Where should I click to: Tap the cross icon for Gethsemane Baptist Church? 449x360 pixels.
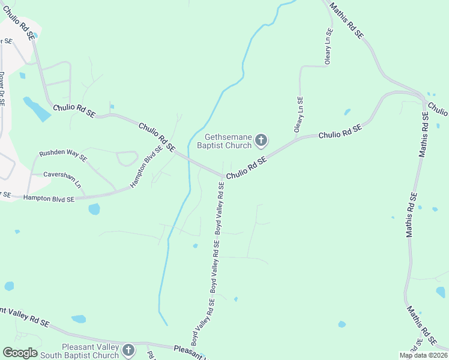coord(261,140)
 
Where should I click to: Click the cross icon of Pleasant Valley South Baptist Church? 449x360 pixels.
coord(128,350)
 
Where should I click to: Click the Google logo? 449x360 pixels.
coord(20,353)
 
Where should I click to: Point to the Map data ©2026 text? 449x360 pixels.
coord(423,355)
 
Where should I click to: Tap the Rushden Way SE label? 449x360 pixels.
coord(63,155)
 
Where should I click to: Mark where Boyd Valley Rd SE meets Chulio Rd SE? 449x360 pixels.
coord(223,176)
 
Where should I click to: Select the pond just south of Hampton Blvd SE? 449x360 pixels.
coord(94,209)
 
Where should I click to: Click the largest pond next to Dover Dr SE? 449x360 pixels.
coord(37,110)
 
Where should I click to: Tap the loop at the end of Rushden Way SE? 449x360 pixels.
coord(127,158)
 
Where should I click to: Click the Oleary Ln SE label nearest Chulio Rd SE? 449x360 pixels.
coord(298,114)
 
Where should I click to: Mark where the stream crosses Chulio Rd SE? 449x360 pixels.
coord(190,160)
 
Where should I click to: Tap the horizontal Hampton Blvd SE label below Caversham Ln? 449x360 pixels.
coord(49,197)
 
